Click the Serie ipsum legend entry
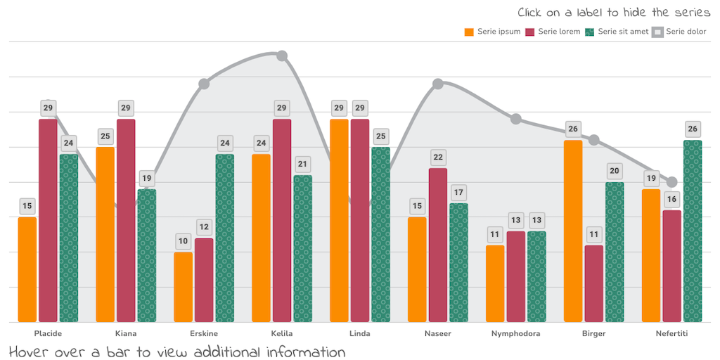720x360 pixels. coord(492,32)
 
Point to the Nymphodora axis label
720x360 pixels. coord(516,333)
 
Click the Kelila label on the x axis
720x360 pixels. coord(282,333)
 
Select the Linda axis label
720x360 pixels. coord(360,333)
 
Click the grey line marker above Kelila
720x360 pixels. coord(282,56)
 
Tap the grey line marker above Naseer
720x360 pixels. coord(438,84)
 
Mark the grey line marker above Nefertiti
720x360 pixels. coord(671,182)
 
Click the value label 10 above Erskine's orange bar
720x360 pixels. coord(183,241)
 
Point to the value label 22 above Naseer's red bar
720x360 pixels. coord(438,157)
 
